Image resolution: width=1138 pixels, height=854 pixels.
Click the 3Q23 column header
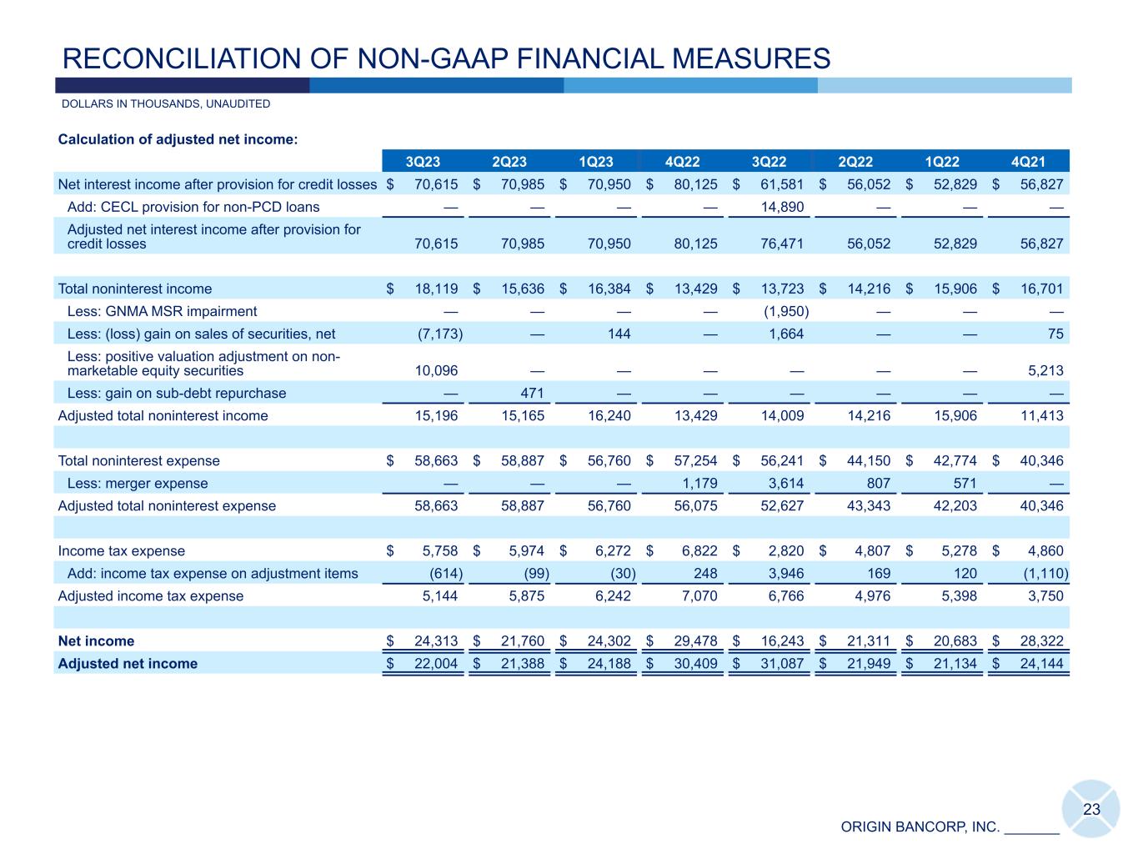pyautogui.click(x=423, y=162)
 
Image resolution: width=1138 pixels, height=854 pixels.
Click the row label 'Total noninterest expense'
pyautogui.click(x=139, y=460)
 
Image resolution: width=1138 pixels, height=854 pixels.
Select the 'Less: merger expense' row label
pyautogui.click(x=138, y=483)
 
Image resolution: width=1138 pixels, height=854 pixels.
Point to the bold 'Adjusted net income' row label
pyautogui.click(x=128, y=664)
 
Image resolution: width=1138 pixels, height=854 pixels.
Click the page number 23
pyautogui.click(x=1091, y=809)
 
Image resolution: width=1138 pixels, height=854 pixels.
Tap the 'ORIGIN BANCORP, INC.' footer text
pyautogui.click(x=920, y=827)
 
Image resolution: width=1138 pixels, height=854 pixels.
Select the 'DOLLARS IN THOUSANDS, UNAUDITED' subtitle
pyautogui.click(x=166, y=104)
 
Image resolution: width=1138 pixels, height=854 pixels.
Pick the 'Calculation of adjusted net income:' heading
pyautogui.click(x=178, y=139)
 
